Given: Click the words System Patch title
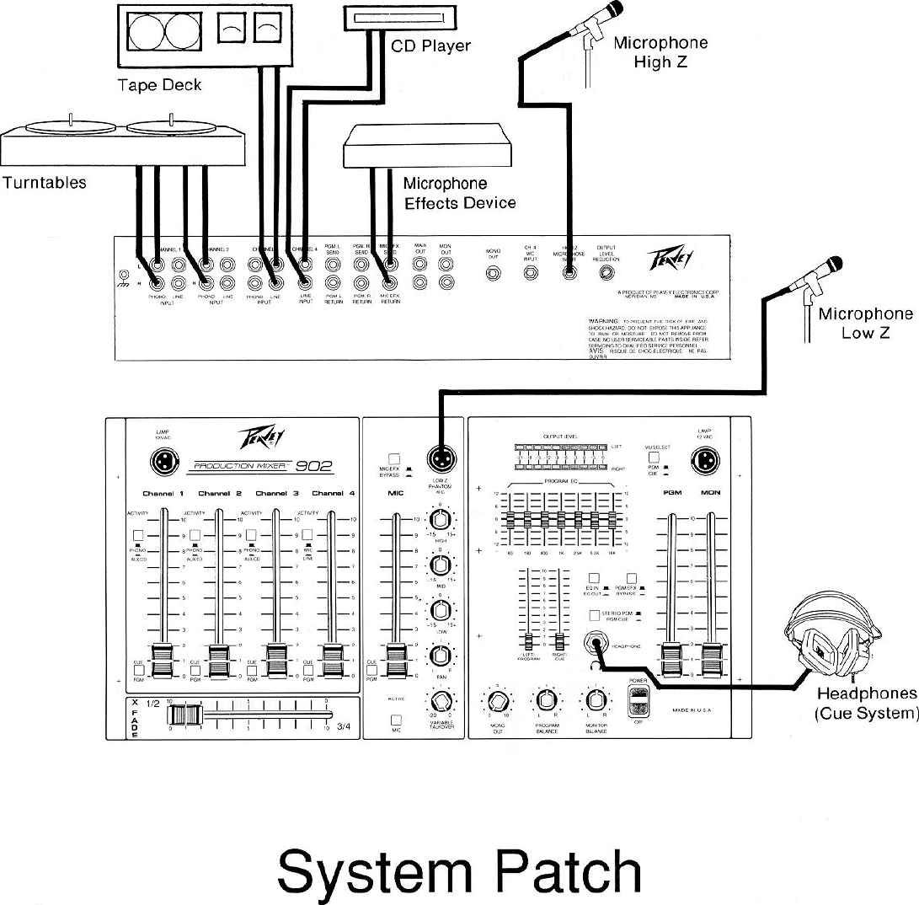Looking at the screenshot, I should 459,871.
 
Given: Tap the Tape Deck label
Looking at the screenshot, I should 159,85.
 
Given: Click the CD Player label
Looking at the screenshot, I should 430,45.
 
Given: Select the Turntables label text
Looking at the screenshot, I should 44,182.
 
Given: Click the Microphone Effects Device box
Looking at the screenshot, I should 429,147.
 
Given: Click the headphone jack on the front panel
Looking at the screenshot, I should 597,645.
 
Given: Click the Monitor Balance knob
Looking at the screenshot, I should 596,700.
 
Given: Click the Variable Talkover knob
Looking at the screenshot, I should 440,700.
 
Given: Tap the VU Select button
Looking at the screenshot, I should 652,457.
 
